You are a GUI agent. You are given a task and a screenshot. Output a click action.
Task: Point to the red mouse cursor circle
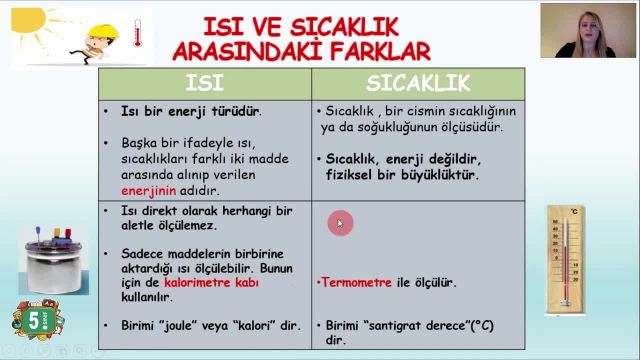tap(339, 224)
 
